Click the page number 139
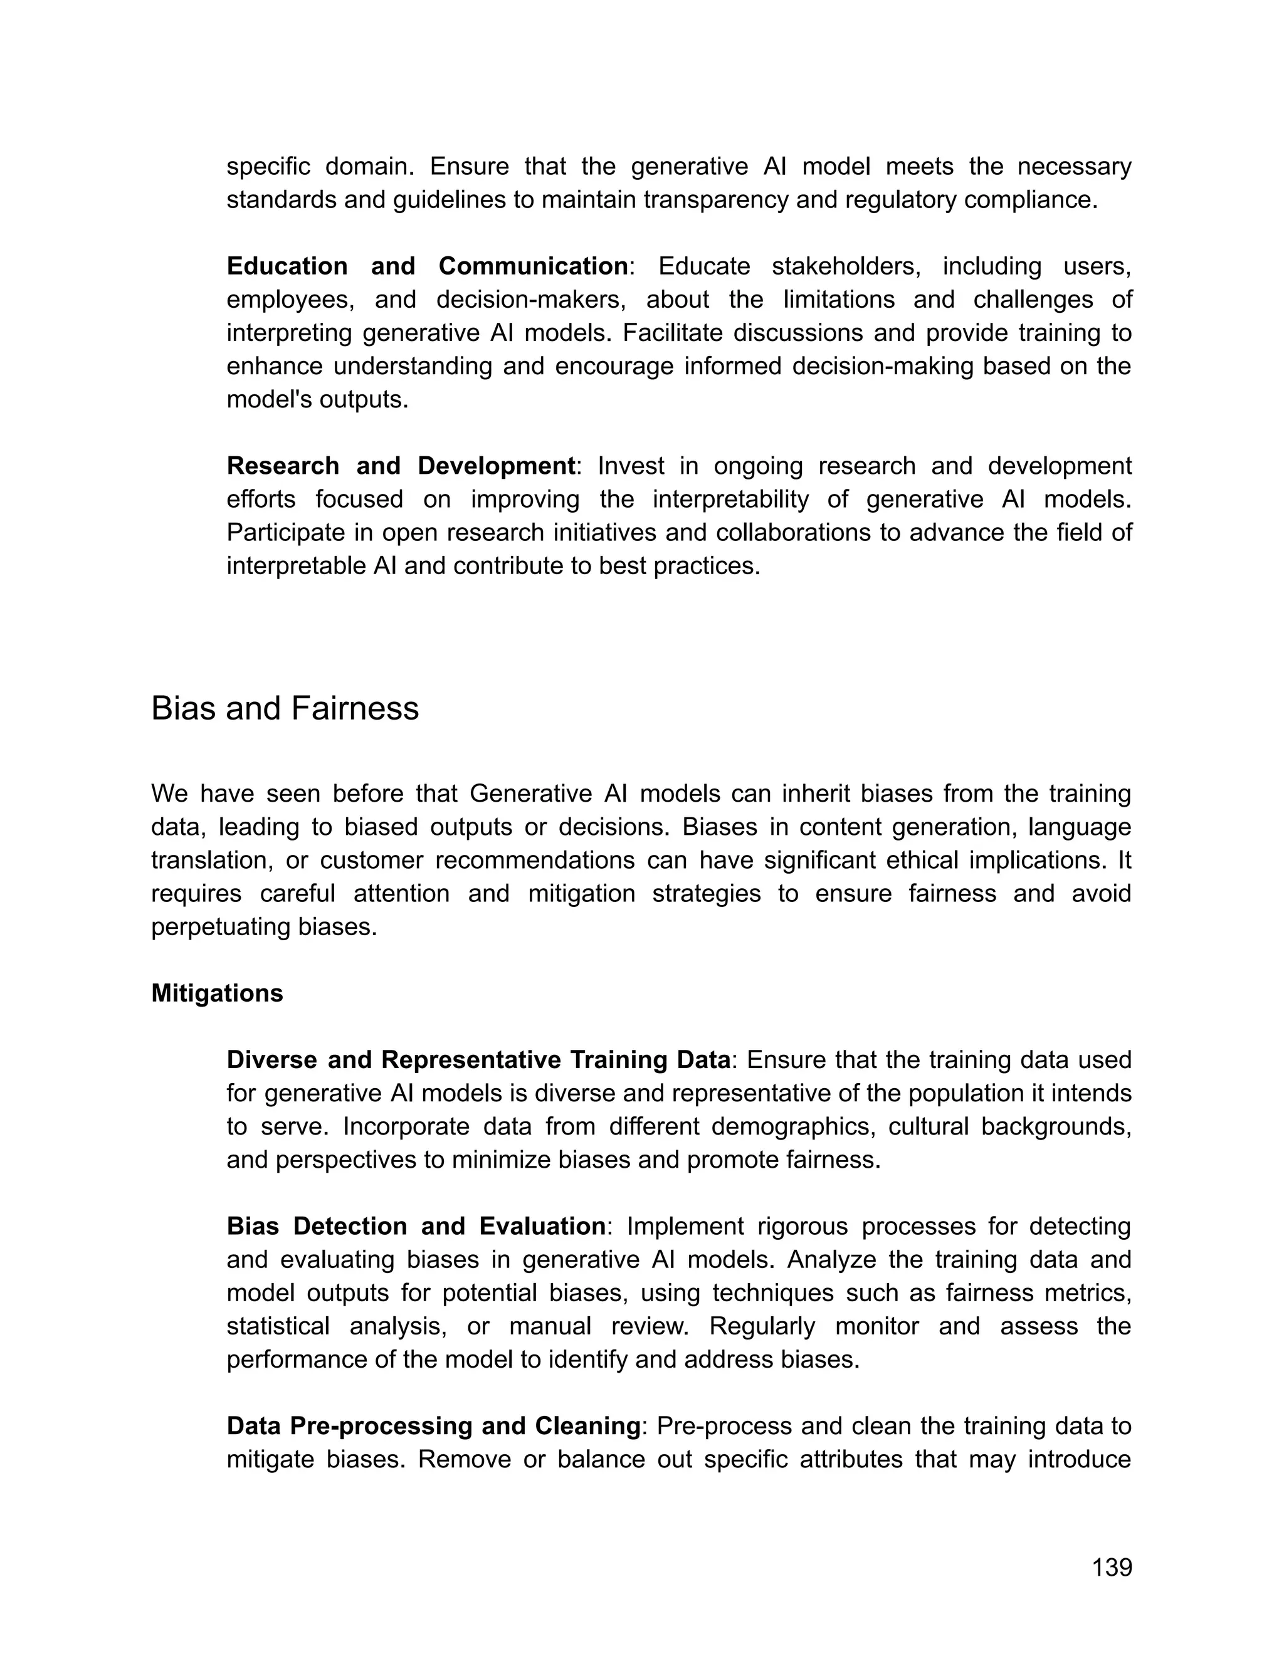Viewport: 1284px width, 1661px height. [1112, 1568]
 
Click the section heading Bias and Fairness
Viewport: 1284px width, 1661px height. [285, 709]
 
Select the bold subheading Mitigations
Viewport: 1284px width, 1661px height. [217, 993]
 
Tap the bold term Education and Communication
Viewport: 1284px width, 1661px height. [428, 266]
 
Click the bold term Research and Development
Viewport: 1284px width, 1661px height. [401, 466]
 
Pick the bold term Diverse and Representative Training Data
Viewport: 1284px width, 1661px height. [478, 1059]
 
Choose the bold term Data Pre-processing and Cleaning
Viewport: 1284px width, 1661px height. [434, 1426]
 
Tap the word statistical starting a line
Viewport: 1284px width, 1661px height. [278, 1326]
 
